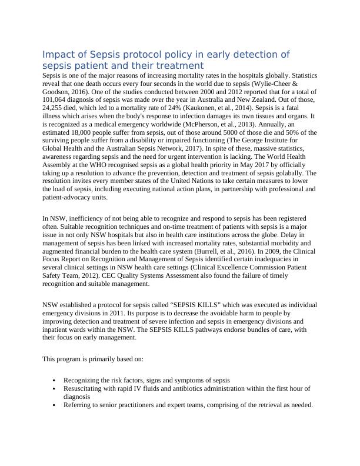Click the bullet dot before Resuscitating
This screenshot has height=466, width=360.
pyautogui.click(x=54, y=389)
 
